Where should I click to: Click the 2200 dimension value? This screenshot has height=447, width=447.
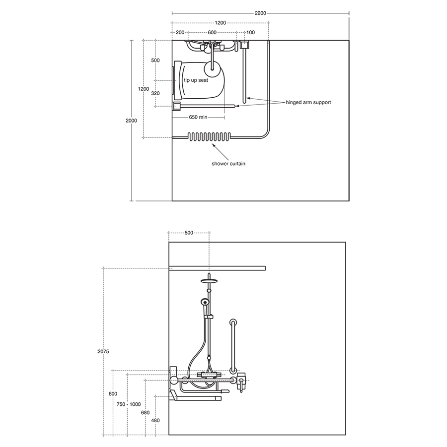click(x=260, y=13)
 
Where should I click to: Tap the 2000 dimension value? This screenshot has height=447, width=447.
click(x=131, y=121)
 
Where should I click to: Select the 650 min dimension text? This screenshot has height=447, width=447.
click(x=198, y=117)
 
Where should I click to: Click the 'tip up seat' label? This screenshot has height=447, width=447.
click(x=196, y=80)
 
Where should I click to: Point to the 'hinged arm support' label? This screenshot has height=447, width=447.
click(x=308, y=102)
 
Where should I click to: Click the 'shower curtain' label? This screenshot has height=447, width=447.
click(x=228, y=164)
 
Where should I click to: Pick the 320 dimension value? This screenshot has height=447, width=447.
click(x=155, y=93)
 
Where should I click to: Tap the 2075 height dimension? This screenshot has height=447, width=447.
click(x=103, y=352)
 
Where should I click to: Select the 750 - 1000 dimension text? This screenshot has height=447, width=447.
click(x=129, y=404)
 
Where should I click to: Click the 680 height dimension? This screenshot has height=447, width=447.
click(x=146, y=412)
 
